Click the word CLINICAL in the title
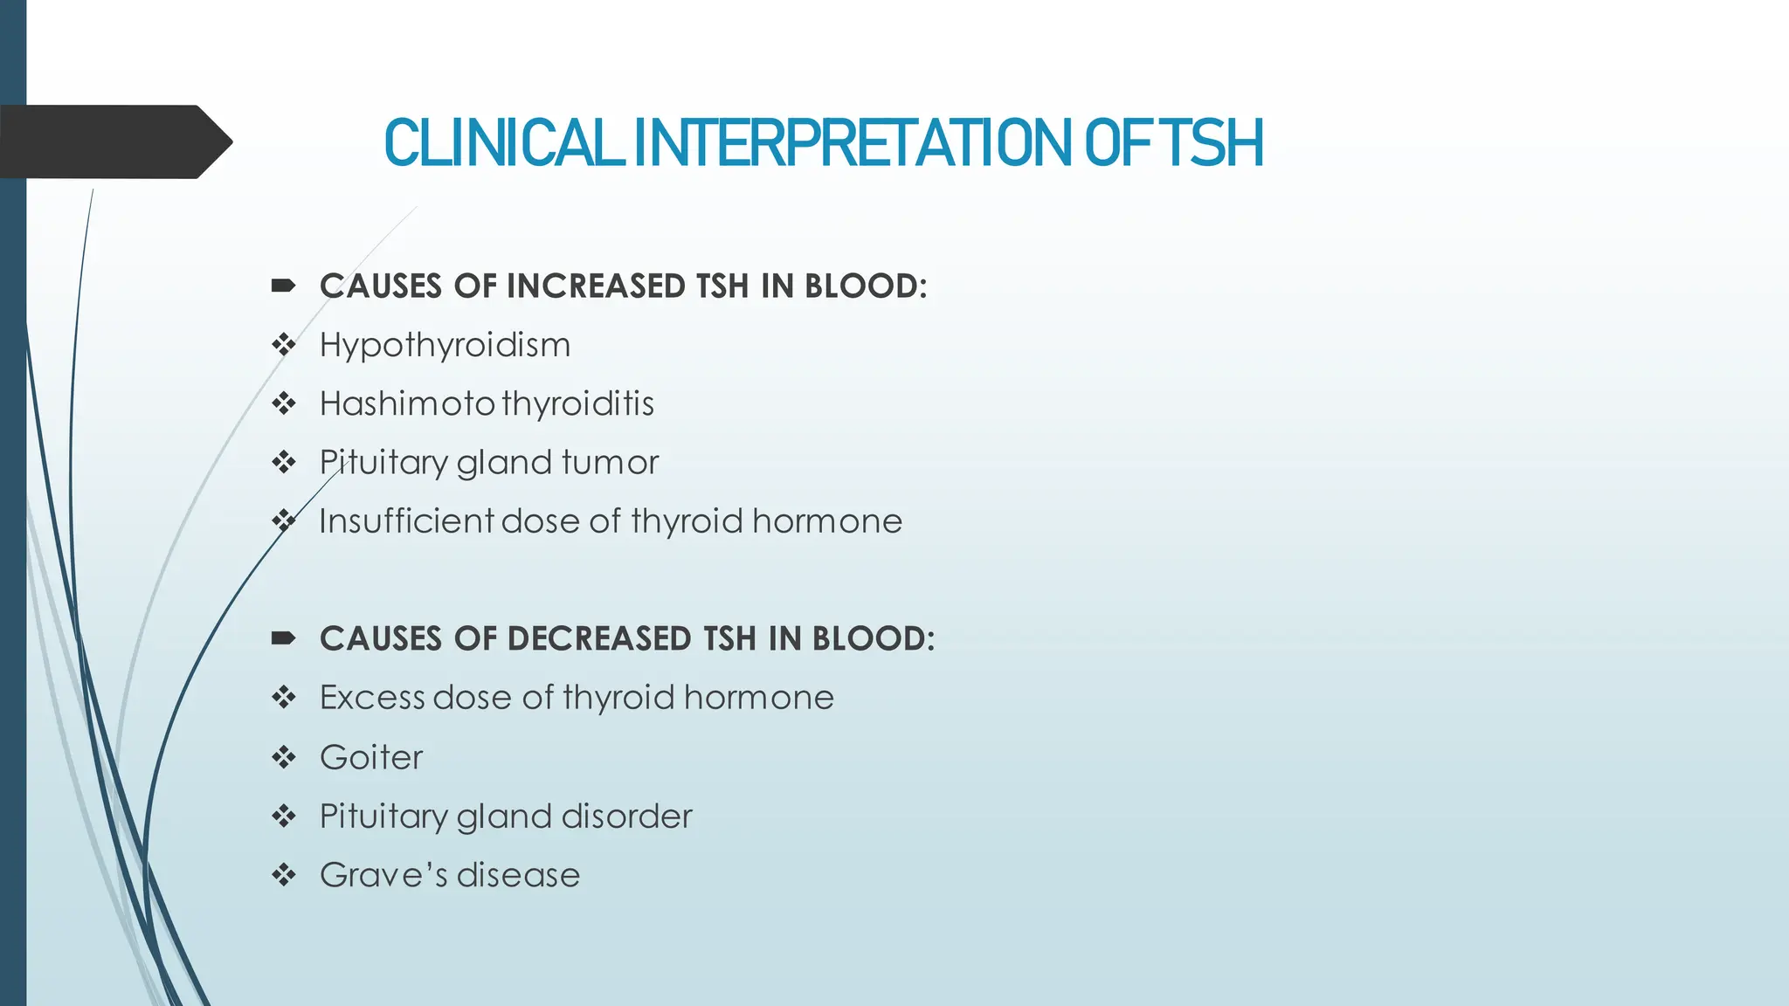[502, 144]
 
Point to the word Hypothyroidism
[445, 346]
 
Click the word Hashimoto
[407, 404]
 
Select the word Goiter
[371, 757]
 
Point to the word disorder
[626, 817]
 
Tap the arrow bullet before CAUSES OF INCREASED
[283, 286]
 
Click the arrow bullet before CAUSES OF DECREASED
[283, 638]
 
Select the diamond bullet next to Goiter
[284, 757]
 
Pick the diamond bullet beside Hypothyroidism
[284, 345]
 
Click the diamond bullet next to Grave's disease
[284, 875]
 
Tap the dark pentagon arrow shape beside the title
[114, 141]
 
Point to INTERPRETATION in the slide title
[852, 144]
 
